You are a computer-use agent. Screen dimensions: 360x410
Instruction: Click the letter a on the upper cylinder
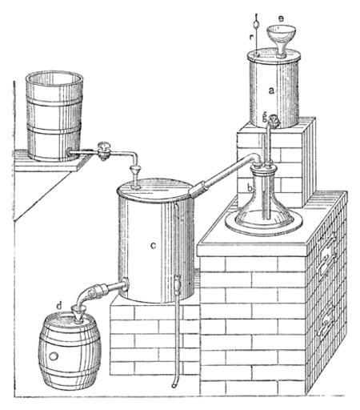[x=271, y=91]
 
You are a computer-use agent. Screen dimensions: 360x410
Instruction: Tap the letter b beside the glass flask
[x=250, y=187]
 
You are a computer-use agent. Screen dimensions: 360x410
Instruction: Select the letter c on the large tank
[x=153, y=245]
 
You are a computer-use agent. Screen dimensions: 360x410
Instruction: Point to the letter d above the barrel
[x=59, y=305]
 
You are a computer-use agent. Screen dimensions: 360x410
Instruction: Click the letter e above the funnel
[x=281, y=18]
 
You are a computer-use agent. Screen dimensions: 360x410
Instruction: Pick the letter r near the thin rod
[x=251, y=38]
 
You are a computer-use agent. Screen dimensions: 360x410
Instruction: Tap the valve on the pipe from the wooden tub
[x=104, y=151]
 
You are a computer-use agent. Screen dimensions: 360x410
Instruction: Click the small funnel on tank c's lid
[x=135, y=176]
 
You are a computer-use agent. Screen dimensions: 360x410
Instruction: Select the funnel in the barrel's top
[x=79, y=315]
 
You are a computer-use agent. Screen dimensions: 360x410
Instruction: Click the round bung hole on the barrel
[x=54, y=356]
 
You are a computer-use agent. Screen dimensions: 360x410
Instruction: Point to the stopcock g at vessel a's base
[x=273, y=122]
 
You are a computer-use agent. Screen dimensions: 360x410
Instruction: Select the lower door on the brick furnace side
[x=326, y=323]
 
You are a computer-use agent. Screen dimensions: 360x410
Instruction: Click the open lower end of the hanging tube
[x=174, y=386]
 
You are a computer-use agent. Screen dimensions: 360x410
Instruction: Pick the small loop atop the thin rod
[x=256, y=26]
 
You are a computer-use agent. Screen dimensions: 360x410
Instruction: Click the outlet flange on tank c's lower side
[x=125, y=284]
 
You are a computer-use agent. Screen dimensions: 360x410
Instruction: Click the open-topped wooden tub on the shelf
[x=54, y=116]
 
